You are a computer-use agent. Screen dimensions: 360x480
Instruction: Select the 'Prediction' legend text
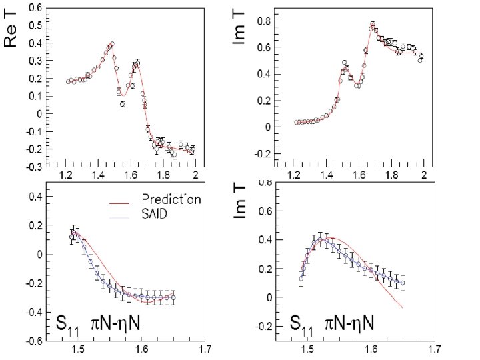171,199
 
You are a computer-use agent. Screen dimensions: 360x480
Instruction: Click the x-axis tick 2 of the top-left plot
195,175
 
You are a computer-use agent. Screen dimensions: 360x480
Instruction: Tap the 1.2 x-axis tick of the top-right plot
294,175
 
